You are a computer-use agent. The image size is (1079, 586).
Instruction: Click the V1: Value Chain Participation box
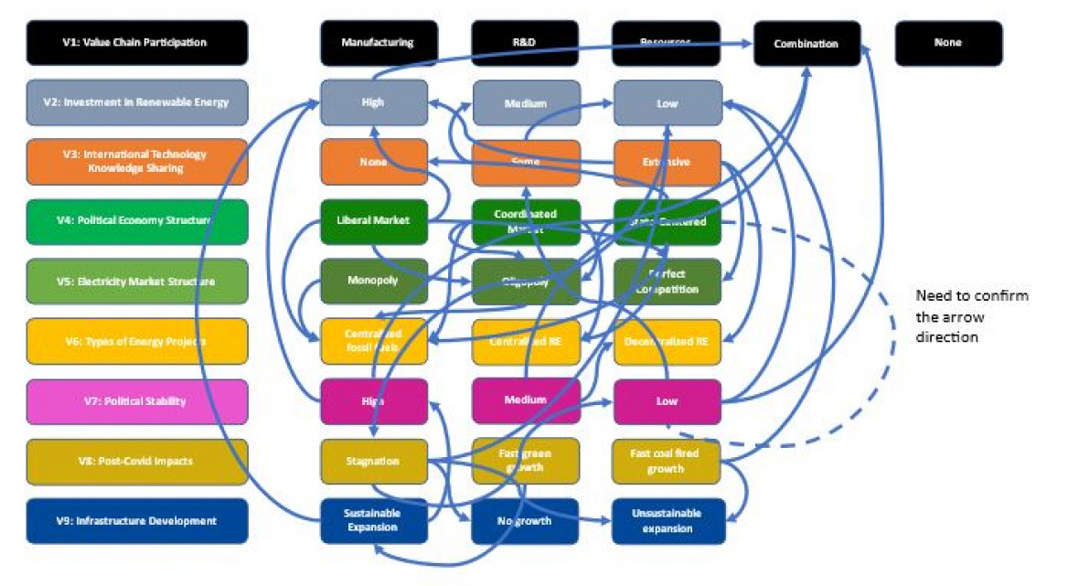click(136, 43)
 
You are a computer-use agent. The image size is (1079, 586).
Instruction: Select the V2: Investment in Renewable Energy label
click(136, 102)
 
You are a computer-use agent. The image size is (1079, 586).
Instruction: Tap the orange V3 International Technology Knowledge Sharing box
click(136, 162)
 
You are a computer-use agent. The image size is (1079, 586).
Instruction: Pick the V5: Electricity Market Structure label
click(136, 282)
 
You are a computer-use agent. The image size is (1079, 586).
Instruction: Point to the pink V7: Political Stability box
click(136, 401)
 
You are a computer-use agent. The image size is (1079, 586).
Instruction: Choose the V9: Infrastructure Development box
click(136, 521)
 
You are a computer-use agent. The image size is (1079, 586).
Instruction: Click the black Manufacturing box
click(374, 43)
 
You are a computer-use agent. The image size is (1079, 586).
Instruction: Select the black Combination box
click(807, 43)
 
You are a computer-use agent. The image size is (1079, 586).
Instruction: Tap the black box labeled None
click(948, 43)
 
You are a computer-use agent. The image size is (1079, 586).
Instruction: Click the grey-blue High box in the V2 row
click(374, 102)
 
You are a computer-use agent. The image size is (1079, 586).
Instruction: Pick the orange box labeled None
click(374, 162)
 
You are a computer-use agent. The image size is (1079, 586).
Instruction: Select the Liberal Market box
click(374, 221)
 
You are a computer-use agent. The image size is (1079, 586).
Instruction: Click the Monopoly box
click(374, 281)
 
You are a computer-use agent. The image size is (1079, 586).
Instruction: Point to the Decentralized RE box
click(667, 341)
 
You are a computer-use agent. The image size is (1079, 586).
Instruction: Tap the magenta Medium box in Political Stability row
click(526, 400)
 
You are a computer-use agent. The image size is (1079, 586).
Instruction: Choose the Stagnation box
click(374, 461)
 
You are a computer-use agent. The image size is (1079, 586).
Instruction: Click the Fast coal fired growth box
click(667, 461)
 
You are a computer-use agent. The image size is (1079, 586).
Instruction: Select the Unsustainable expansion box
click(667, 521)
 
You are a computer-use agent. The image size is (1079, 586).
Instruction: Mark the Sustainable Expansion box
click(374, 521)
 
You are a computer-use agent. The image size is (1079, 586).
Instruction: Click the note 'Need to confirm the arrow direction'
click(972, 316)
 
